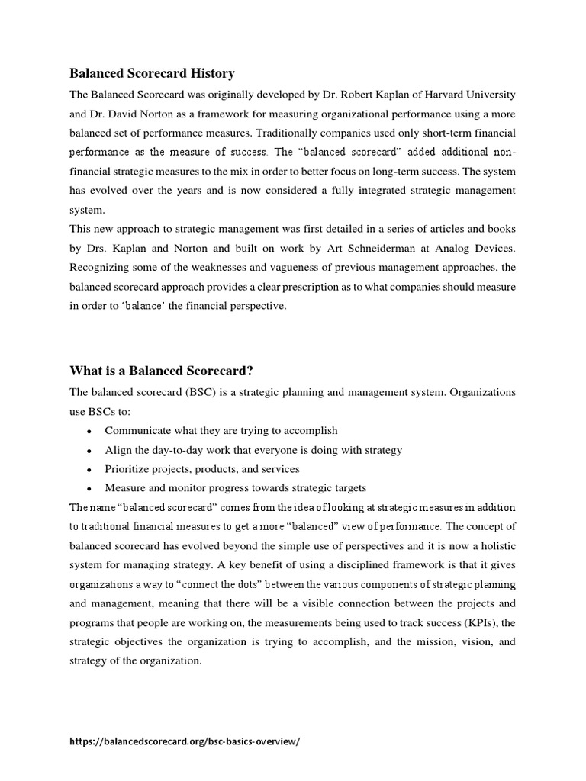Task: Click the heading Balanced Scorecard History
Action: tap(152, 74)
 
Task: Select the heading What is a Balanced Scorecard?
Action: tap(161, 371)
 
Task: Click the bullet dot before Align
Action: tap(89, 451)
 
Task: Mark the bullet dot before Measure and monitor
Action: tap(89, 489)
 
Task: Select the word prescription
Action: tap(322, 286)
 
